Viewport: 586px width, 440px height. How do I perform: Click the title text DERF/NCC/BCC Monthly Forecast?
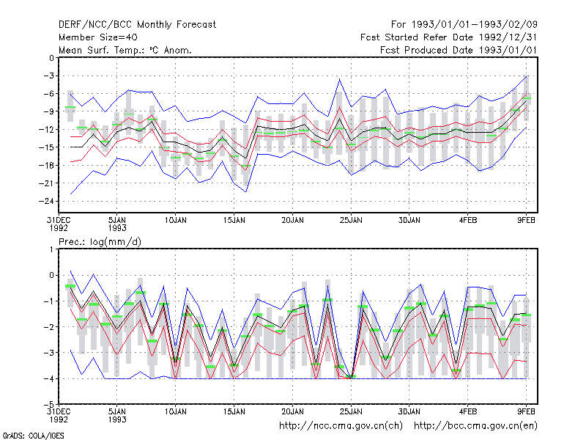coord(137,25)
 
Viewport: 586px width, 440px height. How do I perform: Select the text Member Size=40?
coord(98,37)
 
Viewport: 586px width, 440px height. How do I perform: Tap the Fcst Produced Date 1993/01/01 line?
coord(459,50)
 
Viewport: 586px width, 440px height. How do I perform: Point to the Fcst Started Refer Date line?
coord(449,37)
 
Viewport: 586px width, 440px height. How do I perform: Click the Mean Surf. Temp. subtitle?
coord(125,50)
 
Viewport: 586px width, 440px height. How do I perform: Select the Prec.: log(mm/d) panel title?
coord(100,242)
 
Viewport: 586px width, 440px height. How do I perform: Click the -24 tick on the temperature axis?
coord(46,201)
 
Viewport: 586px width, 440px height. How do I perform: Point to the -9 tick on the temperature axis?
coord(48,111)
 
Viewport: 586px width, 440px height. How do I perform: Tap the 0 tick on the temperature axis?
coord(51,58)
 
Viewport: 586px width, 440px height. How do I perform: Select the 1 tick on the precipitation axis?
coord(51,249)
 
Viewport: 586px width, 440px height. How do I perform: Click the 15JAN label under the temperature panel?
coord(234,221)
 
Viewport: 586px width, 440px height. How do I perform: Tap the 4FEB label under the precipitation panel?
coord(468,411)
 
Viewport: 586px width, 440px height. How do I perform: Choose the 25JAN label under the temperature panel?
coord(351,221)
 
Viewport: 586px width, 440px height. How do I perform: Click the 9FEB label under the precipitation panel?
coord(526,411)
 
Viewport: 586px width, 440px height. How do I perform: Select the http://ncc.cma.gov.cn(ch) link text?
coord(341,426)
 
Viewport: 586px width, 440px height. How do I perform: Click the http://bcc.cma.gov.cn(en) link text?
coord(475,426)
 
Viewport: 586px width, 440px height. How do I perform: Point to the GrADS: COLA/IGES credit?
coord(33,436)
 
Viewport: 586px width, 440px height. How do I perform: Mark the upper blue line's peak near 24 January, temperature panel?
coord(340,79)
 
